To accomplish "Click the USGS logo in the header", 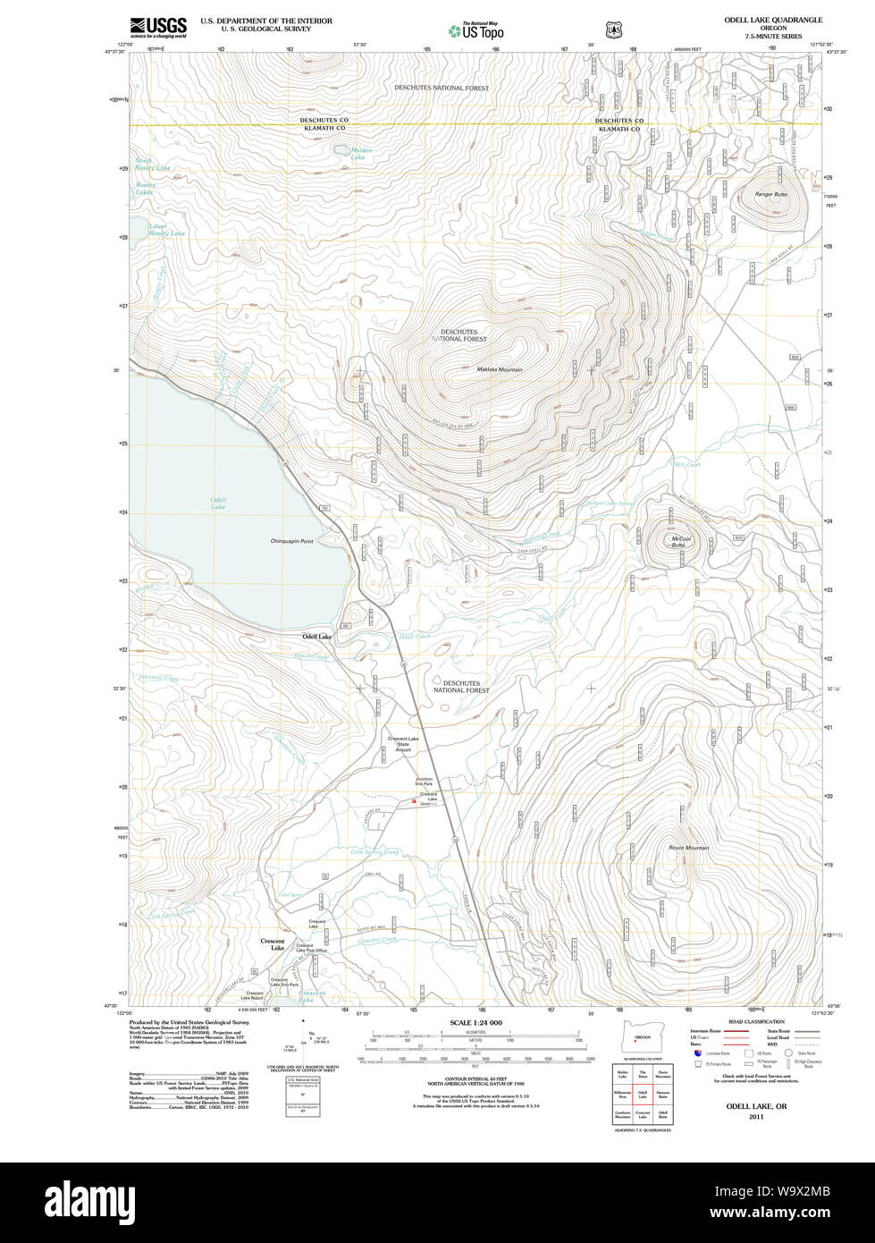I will pyautogui.click(x=158, y=26).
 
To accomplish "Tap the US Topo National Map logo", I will pyautogui.click(x=475, y=30).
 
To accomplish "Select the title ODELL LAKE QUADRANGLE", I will pyautogui.click(x=773, y=20).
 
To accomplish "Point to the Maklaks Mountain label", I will pyautogui.click(x=499, y=369).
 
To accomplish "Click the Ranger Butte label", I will pyautogui.click(x=770, y=194).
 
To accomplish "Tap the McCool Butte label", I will pyautogui.click(x=681, y=541).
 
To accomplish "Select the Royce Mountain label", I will pyautogui.click(x=688, y=848).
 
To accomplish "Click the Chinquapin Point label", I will pyautogui.click(x=291, y=541).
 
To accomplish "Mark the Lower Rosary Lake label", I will pyautogui.click(x=166, y=230).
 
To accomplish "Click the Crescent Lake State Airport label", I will pyautogui.click(x=403, y=744).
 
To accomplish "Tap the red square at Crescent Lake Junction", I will pyautogui.click(x=414, y=801).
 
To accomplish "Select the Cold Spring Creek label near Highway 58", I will pyautogui.click(x=374, y=852).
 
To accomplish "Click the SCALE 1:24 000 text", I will pyautogui.click(x=475, y=1022).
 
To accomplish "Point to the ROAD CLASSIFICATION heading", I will pyautogui.click(x=756, y=1021).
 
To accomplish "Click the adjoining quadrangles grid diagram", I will pyautogui.click(x=642, y=1094).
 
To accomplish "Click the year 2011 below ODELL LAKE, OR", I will pyautogui.click(x=756, y=1117).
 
